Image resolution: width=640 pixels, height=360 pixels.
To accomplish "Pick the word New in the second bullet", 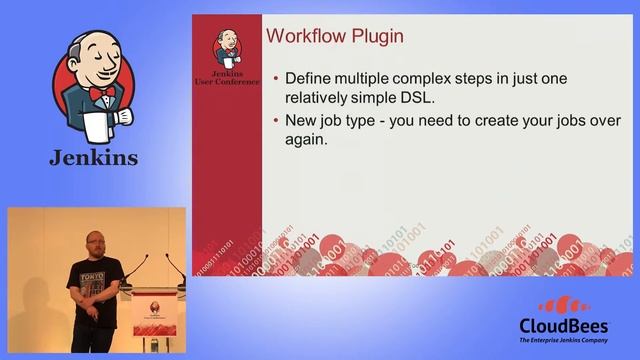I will pos(303,122).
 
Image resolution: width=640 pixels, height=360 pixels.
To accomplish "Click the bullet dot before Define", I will pos(276,78).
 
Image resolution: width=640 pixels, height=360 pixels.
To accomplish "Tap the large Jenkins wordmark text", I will pos(94,159).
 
